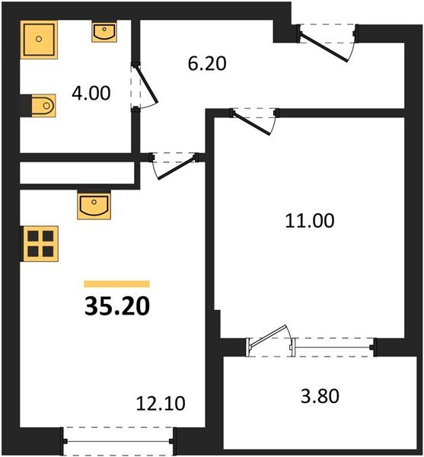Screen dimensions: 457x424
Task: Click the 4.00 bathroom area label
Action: click(91, 94)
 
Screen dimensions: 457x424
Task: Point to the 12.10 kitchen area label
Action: click(161, 401)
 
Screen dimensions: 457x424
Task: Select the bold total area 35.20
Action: click(116, 305)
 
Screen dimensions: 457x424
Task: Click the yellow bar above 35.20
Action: click(116, 283)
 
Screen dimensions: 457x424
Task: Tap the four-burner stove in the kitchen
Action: click(37, 244)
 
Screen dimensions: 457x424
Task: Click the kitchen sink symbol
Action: click(94, 205)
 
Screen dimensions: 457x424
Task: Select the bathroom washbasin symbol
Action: click(104, 31)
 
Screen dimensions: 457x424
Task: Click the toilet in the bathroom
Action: click(43, 104)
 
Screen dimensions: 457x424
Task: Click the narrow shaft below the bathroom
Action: click(76, 173)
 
